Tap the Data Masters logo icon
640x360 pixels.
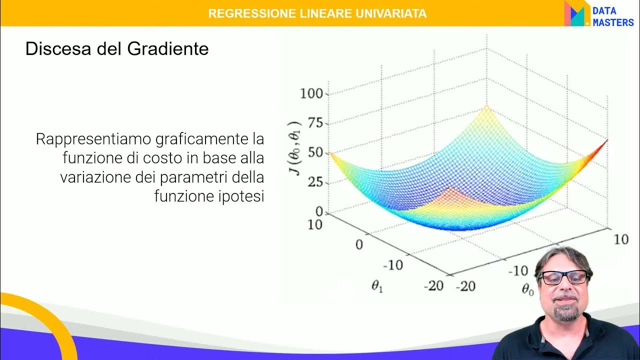576,14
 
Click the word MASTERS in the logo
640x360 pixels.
613,22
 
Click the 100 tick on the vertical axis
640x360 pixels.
311,93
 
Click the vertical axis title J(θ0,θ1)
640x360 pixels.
296,148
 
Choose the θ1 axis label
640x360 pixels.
377,286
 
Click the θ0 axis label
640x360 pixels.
528,289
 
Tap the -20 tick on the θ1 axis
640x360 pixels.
433,285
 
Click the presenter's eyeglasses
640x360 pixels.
564,277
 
